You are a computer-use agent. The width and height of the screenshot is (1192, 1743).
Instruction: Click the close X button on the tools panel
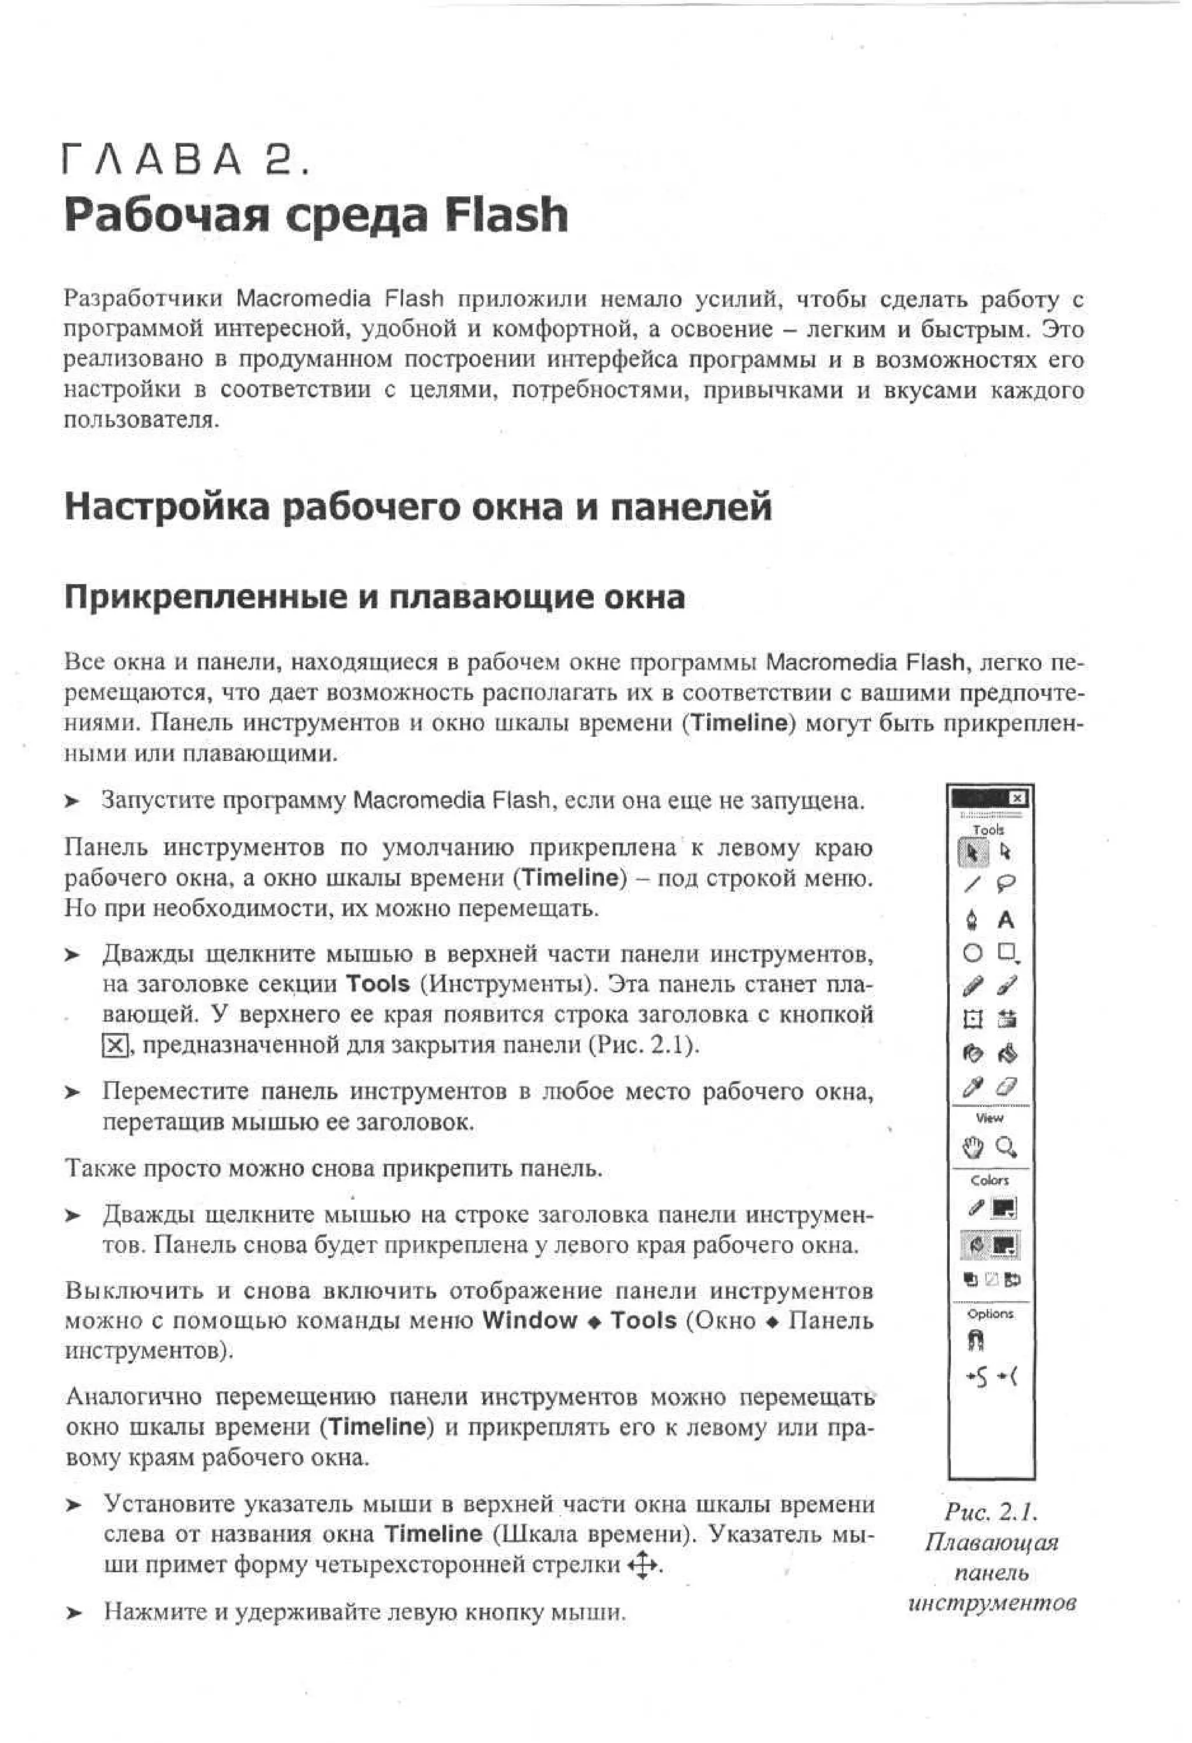[1016, 798]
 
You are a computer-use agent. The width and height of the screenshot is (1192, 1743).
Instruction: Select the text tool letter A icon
[1006, 920]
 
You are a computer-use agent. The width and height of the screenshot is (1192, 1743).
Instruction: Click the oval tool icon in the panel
[972, 953]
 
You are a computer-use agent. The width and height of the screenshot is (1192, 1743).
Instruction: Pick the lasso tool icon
[1006, 885]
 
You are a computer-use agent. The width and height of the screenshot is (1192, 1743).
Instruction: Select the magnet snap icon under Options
[977, 1340]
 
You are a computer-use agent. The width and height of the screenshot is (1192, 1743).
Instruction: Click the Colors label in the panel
[989, 1180]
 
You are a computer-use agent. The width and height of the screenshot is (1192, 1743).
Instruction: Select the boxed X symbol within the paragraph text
[114, 1045]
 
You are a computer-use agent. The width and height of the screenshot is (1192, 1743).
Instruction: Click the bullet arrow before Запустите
[72, 802]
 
